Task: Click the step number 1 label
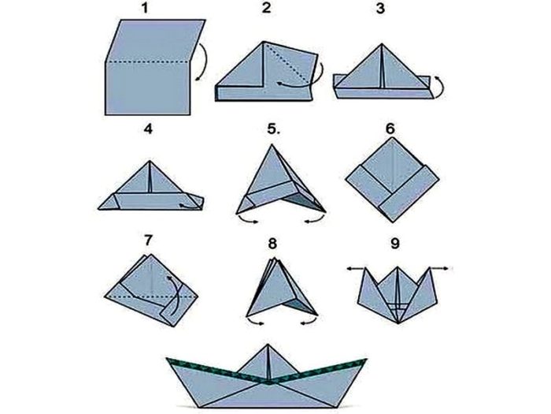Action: [x=144, y=8]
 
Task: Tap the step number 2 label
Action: [x=267, y=7]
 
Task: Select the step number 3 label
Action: [x=380, y=8]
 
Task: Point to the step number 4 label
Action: [x=148, y=129]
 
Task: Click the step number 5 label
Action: [x=274, y=129]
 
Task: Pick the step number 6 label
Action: [x=390, y=129]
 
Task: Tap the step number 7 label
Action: [x=148, y=241]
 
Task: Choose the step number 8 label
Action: [x=272, y=243]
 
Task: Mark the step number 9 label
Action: [x=395, y=243]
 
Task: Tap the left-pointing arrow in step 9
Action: [x=357, y=269]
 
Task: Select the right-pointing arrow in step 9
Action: [x=440, y=269]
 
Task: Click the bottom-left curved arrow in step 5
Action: [x=247, y=221]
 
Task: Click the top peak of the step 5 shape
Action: [x=272, y=144]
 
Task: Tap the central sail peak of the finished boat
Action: [x=268, y=345]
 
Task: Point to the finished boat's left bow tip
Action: [x=167, y=359]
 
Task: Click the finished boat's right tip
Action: [x=367, y=360]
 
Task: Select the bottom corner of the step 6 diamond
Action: [x=393, y=222]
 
